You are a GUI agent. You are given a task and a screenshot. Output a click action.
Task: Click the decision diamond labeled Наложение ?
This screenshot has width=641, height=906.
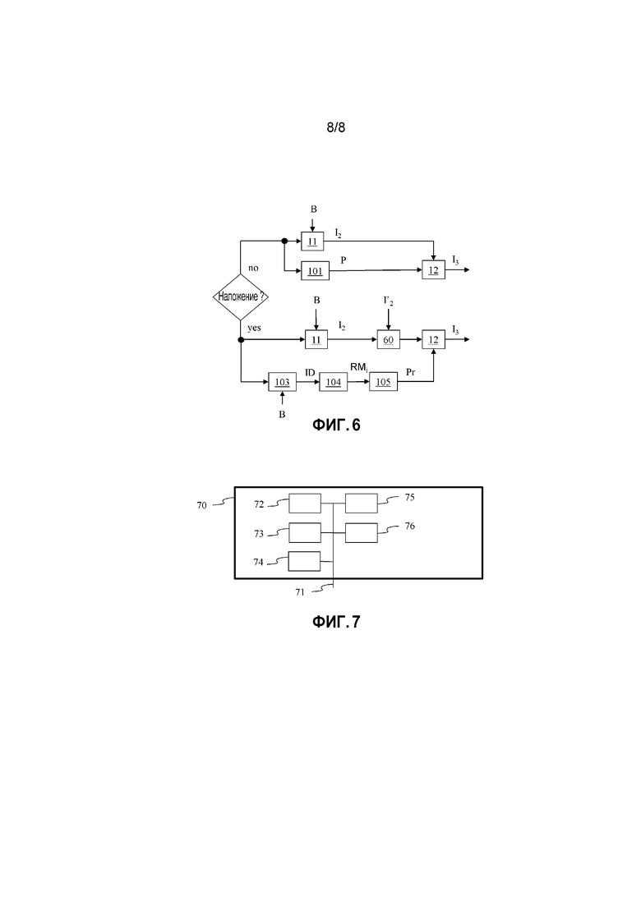[x=241, y=297]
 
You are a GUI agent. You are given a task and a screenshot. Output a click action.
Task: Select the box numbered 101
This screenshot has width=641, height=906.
[x=315, y=271]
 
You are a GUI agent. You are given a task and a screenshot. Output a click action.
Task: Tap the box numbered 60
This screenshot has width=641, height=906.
[x=388, y=340]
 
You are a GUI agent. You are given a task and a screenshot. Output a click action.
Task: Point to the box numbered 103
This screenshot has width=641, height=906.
[x=282, y=382]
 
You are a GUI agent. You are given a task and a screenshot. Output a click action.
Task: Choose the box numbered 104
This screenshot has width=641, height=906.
[x=334, y=382]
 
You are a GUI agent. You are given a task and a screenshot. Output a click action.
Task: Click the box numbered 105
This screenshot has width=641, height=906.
[x=384, y=382]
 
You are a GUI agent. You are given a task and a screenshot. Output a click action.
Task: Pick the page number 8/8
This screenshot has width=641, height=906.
[x=336, y=127]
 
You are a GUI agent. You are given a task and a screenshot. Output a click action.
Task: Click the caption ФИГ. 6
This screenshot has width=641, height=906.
[x=336, y=425]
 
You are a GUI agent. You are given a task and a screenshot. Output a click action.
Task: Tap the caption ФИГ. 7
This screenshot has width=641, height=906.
[x=336, y=622]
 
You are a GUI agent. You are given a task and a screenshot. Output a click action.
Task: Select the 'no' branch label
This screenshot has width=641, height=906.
[x=253, y=268]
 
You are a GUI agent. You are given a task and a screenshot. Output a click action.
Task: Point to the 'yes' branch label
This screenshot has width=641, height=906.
[x=254, y=329]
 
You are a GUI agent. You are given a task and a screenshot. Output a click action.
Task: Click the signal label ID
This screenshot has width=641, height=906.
[x=310, y=373]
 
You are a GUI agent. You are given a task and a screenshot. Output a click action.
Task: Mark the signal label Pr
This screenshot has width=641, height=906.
[x=410, y=373]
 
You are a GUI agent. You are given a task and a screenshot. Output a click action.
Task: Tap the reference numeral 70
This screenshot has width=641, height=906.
[x=201, y=506]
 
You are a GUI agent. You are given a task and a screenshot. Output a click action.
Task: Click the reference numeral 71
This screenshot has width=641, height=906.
[x=300, y=592]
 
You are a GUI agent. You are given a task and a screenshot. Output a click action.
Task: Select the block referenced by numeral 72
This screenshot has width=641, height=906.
[x=305, y=504]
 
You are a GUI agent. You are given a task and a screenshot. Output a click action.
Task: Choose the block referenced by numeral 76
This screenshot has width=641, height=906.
[x=362, y=533]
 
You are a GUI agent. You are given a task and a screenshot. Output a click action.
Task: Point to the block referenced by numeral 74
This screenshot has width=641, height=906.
[x=304, y=561]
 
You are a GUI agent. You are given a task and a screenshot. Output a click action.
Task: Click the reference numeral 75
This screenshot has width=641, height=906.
[x=410, y=497]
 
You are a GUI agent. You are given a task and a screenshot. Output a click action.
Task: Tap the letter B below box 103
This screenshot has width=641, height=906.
[x=282, y=414]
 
